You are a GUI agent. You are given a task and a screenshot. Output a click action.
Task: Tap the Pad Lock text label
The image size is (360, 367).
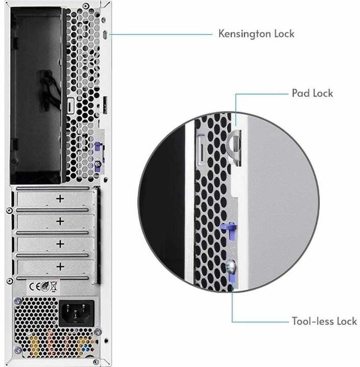(312, 93)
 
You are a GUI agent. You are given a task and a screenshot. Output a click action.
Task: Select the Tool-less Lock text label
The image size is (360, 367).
(324, 321)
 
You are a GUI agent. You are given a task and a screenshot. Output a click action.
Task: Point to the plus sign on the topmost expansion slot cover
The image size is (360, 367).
(60, 198)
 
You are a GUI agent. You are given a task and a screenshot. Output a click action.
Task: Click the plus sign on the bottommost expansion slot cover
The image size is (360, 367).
(60, 266)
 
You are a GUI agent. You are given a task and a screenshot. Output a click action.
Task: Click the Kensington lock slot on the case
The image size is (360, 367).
(105, 35)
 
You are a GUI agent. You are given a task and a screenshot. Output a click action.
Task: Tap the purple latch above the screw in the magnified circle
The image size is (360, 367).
(227, 226)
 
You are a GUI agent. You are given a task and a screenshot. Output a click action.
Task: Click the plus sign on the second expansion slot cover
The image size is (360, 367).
(60, 221)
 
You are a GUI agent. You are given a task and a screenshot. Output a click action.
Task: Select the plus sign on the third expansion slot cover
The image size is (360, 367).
(60, 243)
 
